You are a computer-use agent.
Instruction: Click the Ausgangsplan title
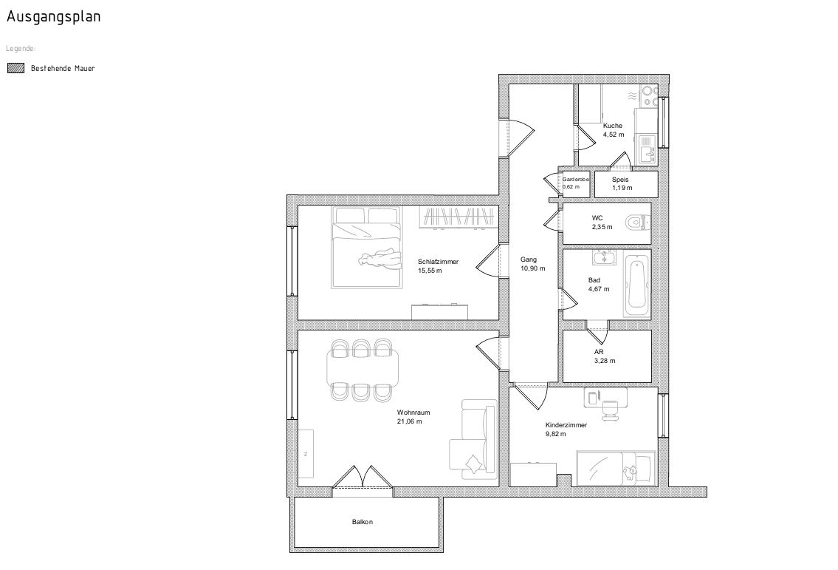pos(53,16)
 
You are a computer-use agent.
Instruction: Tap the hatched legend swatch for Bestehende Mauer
pos(16,68)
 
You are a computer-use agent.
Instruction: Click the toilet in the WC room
pos(637,222)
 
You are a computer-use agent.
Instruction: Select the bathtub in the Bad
pos(638,286)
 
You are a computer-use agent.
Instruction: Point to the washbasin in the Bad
pos(604,257)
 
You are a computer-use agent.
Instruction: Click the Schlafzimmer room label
pos(439,262)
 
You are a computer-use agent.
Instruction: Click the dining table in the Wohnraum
pos(363,370)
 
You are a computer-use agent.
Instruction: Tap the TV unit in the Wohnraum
pos(306,454)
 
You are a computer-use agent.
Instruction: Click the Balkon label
pos(363,522)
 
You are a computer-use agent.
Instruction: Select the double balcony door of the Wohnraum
pos(363,476)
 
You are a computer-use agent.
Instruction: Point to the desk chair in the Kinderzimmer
pos(608,409)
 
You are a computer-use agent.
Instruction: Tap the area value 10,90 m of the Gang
pos(533,268)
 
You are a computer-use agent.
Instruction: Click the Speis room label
pos(620,180)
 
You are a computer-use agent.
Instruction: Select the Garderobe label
pos(576,180)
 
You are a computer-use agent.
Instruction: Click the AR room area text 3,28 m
pos(605,361)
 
